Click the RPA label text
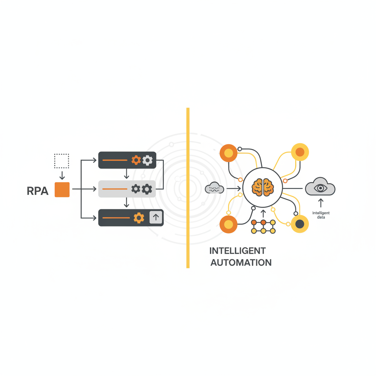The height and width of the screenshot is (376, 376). coord(37,191)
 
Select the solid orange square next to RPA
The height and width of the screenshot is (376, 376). coord(62,189)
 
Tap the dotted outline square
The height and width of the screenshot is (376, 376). coord(62,161)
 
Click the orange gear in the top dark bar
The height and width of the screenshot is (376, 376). coord(136,160)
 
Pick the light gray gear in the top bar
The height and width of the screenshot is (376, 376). coord(148,160)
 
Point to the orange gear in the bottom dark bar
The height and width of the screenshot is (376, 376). coord(139,218)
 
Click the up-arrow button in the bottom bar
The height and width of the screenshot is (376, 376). coord(156,217)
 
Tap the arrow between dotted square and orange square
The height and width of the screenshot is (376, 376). coord(62,175)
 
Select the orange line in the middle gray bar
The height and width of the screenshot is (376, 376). coord(115,189)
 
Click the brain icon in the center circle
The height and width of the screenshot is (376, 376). coord(263,187)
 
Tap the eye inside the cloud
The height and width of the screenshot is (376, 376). coord(320,188)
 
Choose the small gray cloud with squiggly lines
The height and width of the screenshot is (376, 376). coord(214,188)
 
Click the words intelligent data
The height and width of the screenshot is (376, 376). coord(321,215)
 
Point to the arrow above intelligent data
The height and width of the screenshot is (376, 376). coord(321,203)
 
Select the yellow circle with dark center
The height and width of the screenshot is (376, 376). coord(300,224)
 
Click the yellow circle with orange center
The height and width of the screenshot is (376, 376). coord(300,152)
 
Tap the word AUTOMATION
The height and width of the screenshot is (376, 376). coord(241,263)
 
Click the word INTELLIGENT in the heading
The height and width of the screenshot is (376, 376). coord(237,251)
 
